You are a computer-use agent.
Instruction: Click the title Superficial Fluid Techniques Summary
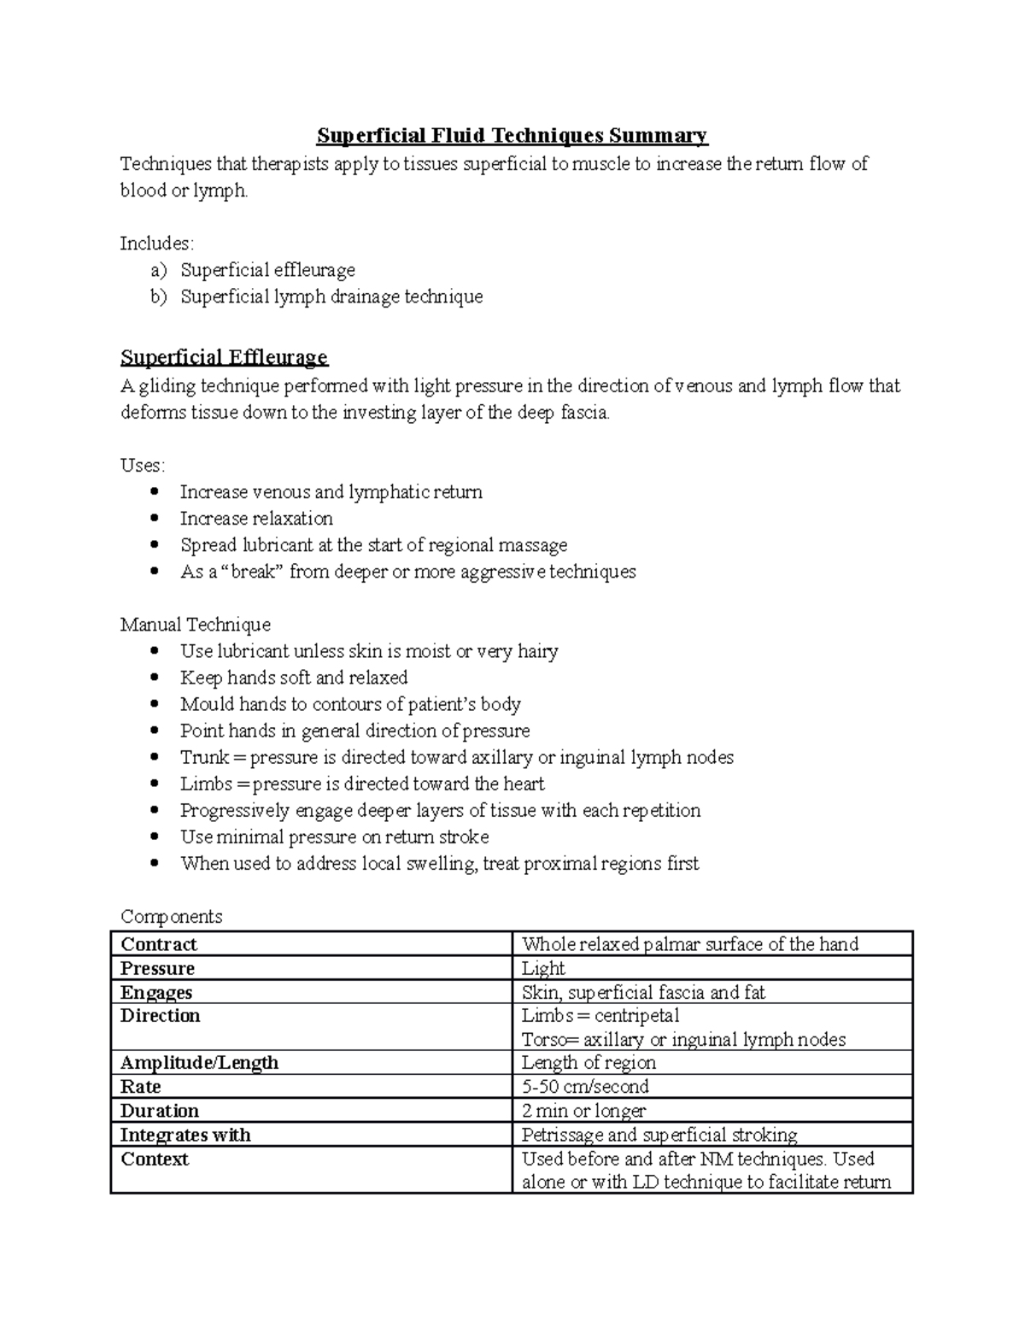(512, 136)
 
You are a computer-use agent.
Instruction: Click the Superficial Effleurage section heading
(224, 357)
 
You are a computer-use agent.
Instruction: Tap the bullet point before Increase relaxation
(154, 519)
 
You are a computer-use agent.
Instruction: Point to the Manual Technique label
(195, 625)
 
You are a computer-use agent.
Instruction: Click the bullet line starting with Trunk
(456, 758)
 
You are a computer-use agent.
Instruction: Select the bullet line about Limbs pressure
(361, 784)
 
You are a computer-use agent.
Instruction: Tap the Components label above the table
(171, 917)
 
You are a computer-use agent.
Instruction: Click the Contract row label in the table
(159, 944)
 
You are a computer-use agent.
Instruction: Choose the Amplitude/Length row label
(199, 1063)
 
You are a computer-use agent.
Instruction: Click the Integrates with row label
(185, 1135)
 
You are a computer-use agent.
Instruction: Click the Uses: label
(142, 466)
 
